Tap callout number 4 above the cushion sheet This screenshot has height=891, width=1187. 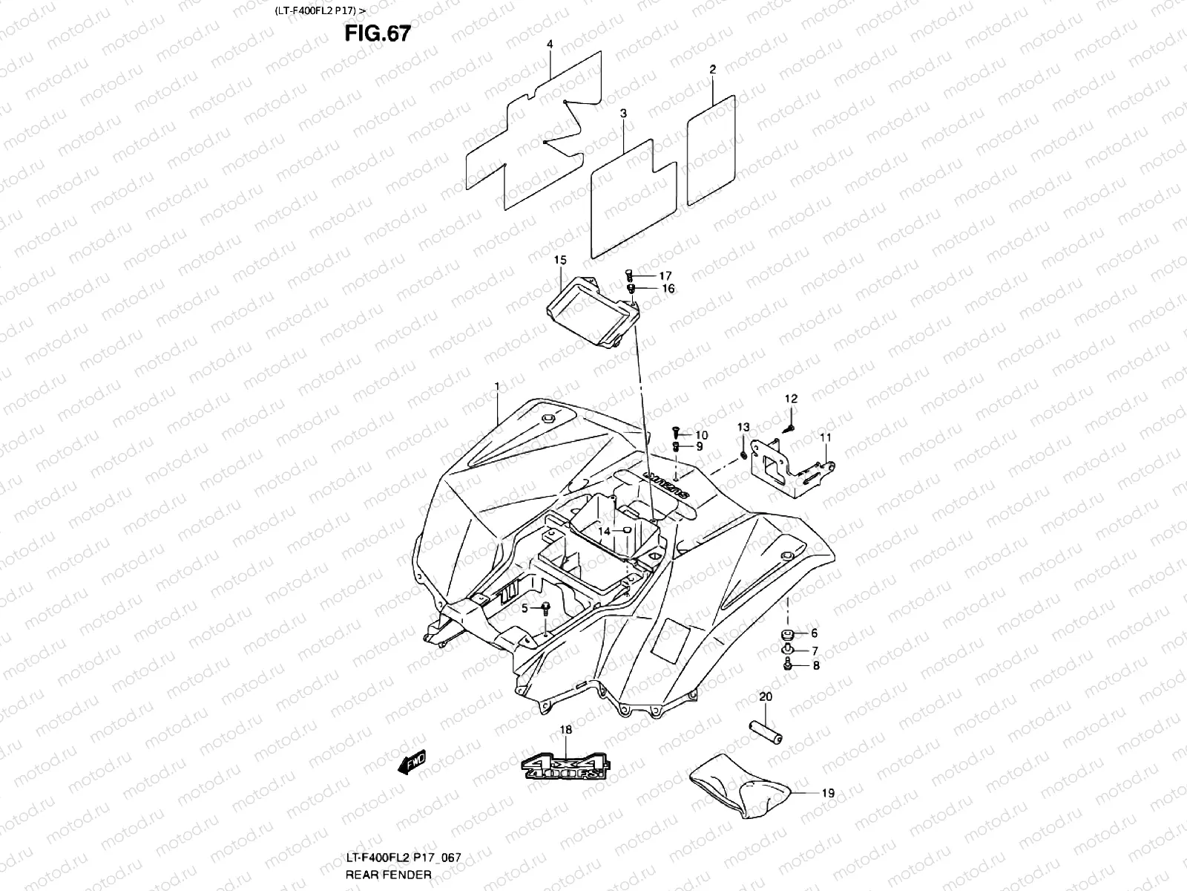[x=550, y=45]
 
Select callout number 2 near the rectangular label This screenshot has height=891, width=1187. [x=712, y=69]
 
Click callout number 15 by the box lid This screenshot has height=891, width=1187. [x=560, y=260]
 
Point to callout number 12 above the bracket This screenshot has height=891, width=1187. [x=791, y=399]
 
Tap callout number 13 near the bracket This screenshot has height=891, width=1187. [x=743, y=427]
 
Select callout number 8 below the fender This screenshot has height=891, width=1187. [x=816, y=666]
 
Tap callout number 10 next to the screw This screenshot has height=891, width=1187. [x=701, y=435]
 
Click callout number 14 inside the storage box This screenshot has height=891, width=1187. [x=605, y=531]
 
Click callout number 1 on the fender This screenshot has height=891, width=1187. [x=498, y=385]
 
